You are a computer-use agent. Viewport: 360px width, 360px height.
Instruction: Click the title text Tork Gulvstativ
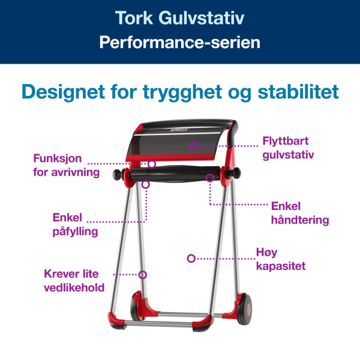click(x=179, y=18)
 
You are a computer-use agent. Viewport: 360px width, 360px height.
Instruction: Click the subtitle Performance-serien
click(x=179, y=43)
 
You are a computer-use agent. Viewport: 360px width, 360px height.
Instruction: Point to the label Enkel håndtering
click(x=299, y=212)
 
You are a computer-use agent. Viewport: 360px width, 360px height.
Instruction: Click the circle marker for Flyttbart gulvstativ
click(x=194, y=145)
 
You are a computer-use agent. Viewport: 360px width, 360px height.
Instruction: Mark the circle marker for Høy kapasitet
click(x=191, y=259)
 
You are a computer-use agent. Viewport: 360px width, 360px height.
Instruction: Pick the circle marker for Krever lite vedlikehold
click(x=143, y=275)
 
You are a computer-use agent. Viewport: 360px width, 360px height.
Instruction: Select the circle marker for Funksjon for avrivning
click(x=152, y=163)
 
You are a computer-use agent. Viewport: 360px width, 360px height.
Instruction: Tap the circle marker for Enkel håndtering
click(x=210, y=178)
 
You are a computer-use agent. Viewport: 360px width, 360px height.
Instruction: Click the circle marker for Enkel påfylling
click(x=145, y=185)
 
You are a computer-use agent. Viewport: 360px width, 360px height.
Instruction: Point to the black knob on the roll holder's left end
click(x=116, y=175)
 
